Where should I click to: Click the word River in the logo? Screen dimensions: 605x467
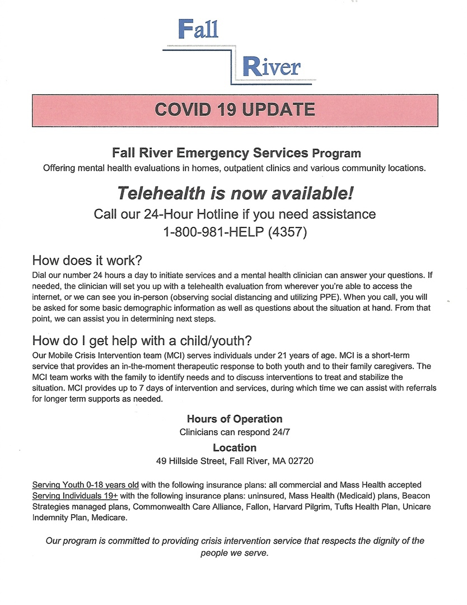coord(271,67)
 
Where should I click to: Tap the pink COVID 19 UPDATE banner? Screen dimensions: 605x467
coord(234,110)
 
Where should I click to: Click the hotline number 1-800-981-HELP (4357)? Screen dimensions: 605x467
coord(235,232)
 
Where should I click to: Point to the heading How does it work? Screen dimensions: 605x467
coord(87,260)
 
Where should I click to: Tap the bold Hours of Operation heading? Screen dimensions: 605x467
coord(235,419)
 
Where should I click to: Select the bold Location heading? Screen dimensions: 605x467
coord(235,448)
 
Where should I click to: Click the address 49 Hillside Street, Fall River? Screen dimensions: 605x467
coord(212,462)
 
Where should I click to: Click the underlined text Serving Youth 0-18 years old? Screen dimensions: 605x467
coord(85,485)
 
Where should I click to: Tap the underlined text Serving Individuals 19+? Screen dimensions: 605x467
coord(75,496)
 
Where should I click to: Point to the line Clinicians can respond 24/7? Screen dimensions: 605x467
coord(235,432)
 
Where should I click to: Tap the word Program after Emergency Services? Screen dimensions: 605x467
coord(337,153)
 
